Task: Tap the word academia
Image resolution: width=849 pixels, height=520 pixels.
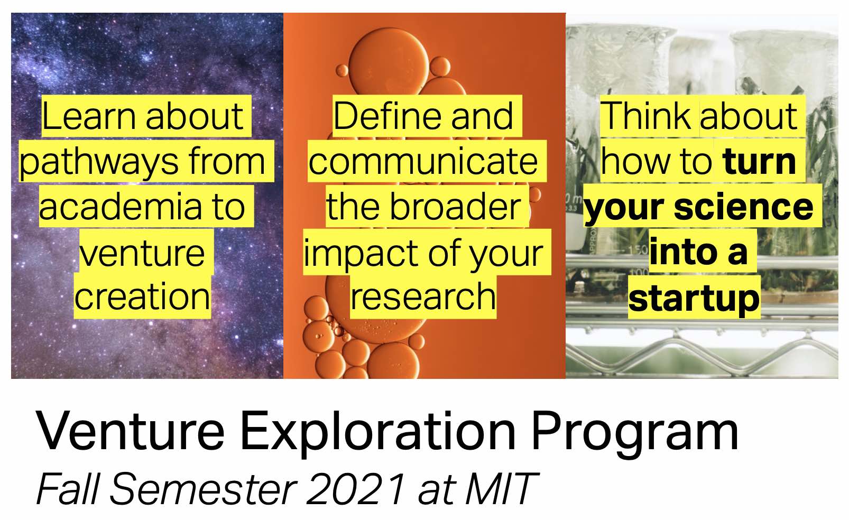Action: point(121,207)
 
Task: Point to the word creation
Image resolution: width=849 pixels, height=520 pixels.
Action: point(142,296)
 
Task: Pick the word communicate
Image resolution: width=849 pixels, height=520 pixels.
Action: point(423,162)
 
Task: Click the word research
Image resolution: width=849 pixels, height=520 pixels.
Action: point(423,296)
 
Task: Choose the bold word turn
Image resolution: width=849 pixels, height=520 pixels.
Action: point(759,162)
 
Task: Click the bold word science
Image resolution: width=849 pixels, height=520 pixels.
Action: point(744,207)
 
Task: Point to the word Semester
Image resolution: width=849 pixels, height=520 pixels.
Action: point(203,489)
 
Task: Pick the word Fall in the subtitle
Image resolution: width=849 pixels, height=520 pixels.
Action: point(68,488)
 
